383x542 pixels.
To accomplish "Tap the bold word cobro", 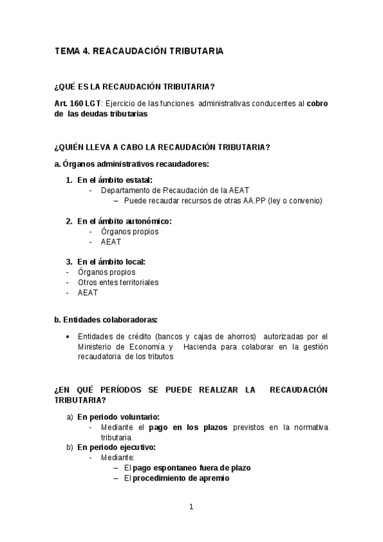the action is (x=318, y=104).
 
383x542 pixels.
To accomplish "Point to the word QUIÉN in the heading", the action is (x=79, y=147).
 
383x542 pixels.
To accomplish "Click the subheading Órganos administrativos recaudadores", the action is (x=136, y=164).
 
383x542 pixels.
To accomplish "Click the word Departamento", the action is (x=130, y=190).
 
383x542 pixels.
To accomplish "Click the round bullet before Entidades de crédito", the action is (x=68, y=337).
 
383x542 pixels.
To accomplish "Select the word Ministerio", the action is (x=97, y=347).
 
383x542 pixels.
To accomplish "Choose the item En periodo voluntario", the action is (x=118, y=416).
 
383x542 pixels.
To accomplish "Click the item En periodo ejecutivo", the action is (x=116, y=447).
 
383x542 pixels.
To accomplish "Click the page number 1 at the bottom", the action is (x=191, y=507).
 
